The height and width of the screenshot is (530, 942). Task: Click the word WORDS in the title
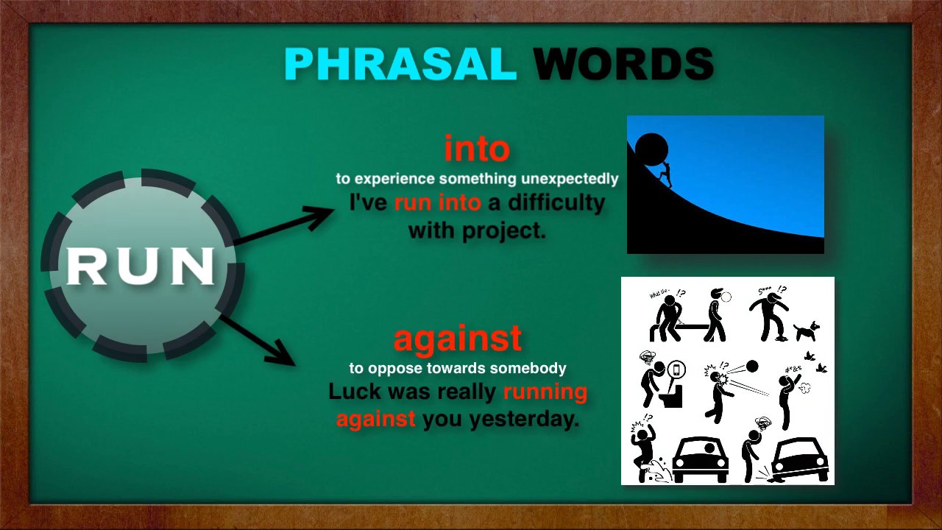[623, 65]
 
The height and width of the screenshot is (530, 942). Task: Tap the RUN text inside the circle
[141, 266]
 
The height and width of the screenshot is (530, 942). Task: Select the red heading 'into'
[477, 149]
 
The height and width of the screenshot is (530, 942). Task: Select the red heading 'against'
[458, 339]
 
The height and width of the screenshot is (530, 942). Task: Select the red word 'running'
[545, 391]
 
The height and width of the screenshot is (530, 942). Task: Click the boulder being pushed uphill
[651, 151]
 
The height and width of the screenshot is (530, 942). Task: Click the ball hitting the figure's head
[751, 366]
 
